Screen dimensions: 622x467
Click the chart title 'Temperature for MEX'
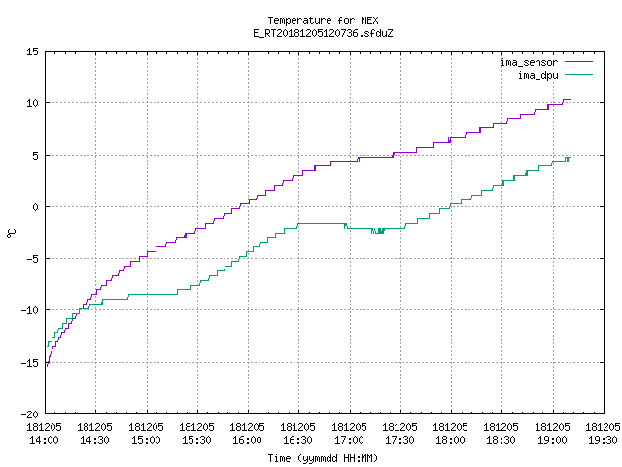[323, 20]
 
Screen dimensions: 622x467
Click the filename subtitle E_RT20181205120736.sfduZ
[323, 33]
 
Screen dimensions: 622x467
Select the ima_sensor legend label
[529, 62]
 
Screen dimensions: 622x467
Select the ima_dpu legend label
[537, 75]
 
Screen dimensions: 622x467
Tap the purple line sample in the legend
[578, 62]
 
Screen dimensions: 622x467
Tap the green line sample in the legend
[578, 74]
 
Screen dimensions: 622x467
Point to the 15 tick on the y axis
[32, 52]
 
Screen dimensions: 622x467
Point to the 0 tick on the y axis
[36, 207]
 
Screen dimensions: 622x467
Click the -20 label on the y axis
[30, 414]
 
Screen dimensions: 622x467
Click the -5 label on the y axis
[32, 259]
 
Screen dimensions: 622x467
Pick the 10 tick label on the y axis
[32, 103]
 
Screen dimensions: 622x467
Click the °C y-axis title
[11, 233]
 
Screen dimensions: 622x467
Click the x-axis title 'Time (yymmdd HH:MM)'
[323, 458]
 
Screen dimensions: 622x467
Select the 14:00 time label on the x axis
[44, 440]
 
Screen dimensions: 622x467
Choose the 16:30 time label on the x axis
[297, 440]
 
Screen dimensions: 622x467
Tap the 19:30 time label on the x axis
[603, 440]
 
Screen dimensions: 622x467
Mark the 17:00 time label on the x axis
[349, 440]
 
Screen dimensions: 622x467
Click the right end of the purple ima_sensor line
[570, 99]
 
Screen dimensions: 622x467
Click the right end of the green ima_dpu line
[570, 158]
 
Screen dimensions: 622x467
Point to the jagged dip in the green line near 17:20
[378, 230]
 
